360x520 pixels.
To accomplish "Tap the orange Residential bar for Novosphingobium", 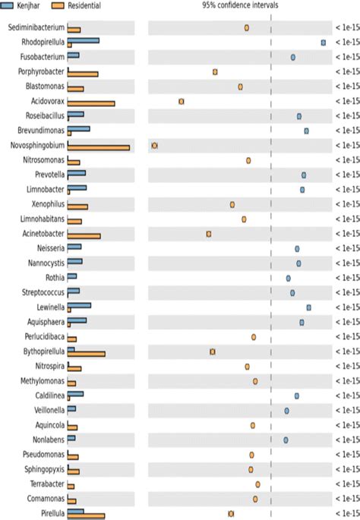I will pos(99,147).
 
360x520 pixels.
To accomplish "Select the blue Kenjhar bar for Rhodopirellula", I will pos(84,39).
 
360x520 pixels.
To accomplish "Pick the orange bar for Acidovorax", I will pos(91,103).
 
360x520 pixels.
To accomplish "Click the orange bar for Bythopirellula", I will pos(87,354).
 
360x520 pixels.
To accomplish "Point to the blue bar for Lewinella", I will pos(80,305).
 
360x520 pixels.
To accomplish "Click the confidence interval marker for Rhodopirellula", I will pos(324,43).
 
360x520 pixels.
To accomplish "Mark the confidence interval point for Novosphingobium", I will pos(154,145).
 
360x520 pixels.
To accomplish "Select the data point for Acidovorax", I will pos(181,101).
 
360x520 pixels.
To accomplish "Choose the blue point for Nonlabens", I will pos(286,440).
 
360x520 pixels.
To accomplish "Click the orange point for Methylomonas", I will pos(255,381).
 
